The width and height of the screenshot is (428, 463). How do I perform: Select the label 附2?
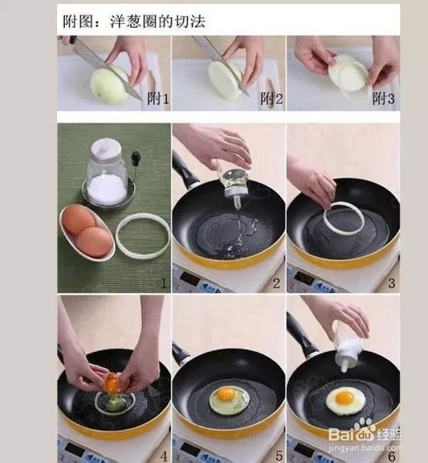coord(271,98)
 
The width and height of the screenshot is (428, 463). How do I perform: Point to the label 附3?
coord(384,98)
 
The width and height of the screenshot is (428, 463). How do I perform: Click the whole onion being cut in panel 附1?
coord(109,85)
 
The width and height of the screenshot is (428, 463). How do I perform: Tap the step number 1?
coord(163,283)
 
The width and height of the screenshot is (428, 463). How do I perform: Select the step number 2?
coord(276,283)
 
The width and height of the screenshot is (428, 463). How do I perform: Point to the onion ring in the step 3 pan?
coord(344,218)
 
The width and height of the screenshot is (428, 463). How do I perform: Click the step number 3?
coord(392,283)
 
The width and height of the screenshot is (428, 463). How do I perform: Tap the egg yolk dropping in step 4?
coord(113,382)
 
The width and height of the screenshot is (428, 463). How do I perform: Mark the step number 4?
coord(163,455)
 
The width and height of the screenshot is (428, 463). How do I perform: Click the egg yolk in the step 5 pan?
coord(226,394)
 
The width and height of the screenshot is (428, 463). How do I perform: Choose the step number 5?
coord(278,455)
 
